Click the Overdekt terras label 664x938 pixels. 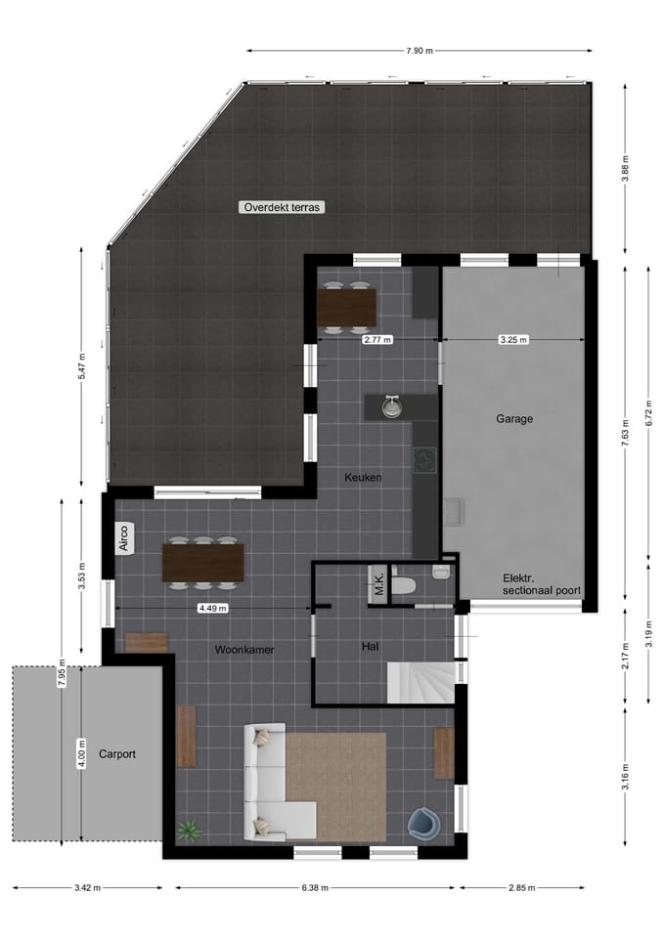point(282,207)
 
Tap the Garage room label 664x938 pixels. point(513,418)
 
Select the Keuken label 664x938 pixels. point(362,478)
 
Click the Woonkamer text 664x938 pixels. point(244,650)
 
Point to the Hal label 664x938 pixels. point(370,646)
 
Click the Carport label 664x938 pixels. point(117,754)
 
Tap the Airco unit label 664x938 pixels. point(125,539)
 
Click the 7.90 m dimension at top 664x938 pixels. point(421,50)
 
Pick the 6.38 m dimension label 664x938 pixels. point(315,888)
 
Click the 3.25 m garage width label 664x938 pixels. point(513,340)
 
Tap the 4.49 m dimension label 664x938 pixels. point(213,608)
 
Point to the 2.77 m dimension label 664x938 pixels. point(376,340)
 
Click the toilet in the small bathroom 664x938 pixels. point(403,586)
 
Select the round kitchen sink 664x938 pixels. point(392,407)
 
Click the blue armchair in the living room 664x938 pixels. point(424,822)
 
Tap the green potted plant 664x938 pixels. point(186,831)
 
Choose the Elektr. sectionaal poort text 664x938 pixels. point(541,584)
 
